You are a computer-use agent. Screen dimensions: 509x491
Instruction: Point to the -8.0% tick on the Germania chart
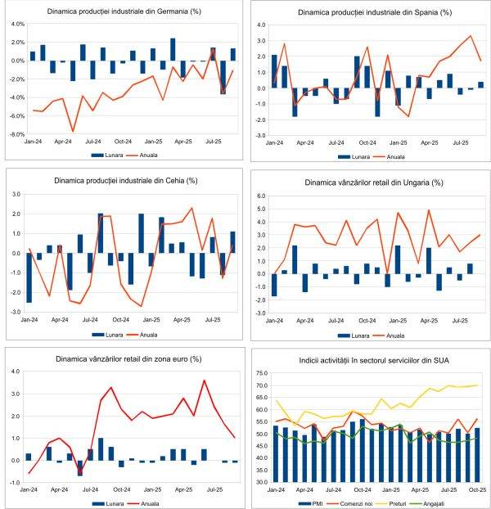pos(16,134)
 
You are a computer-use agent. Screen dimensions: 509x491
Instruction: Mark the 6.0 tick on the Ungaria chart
pos(261,197)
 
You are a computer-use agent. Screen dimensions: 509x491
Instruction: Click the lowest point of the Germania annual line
pos(73,131)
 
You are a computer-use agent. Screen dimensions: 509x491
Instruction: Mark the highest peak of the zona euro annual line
pos(204,381)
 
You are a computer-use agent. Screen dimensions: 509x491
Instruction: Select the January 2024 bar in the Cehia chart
pos(29,277)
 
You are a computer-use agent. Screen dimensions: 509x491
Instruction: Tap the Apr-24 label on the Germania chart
pos(56,141)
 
